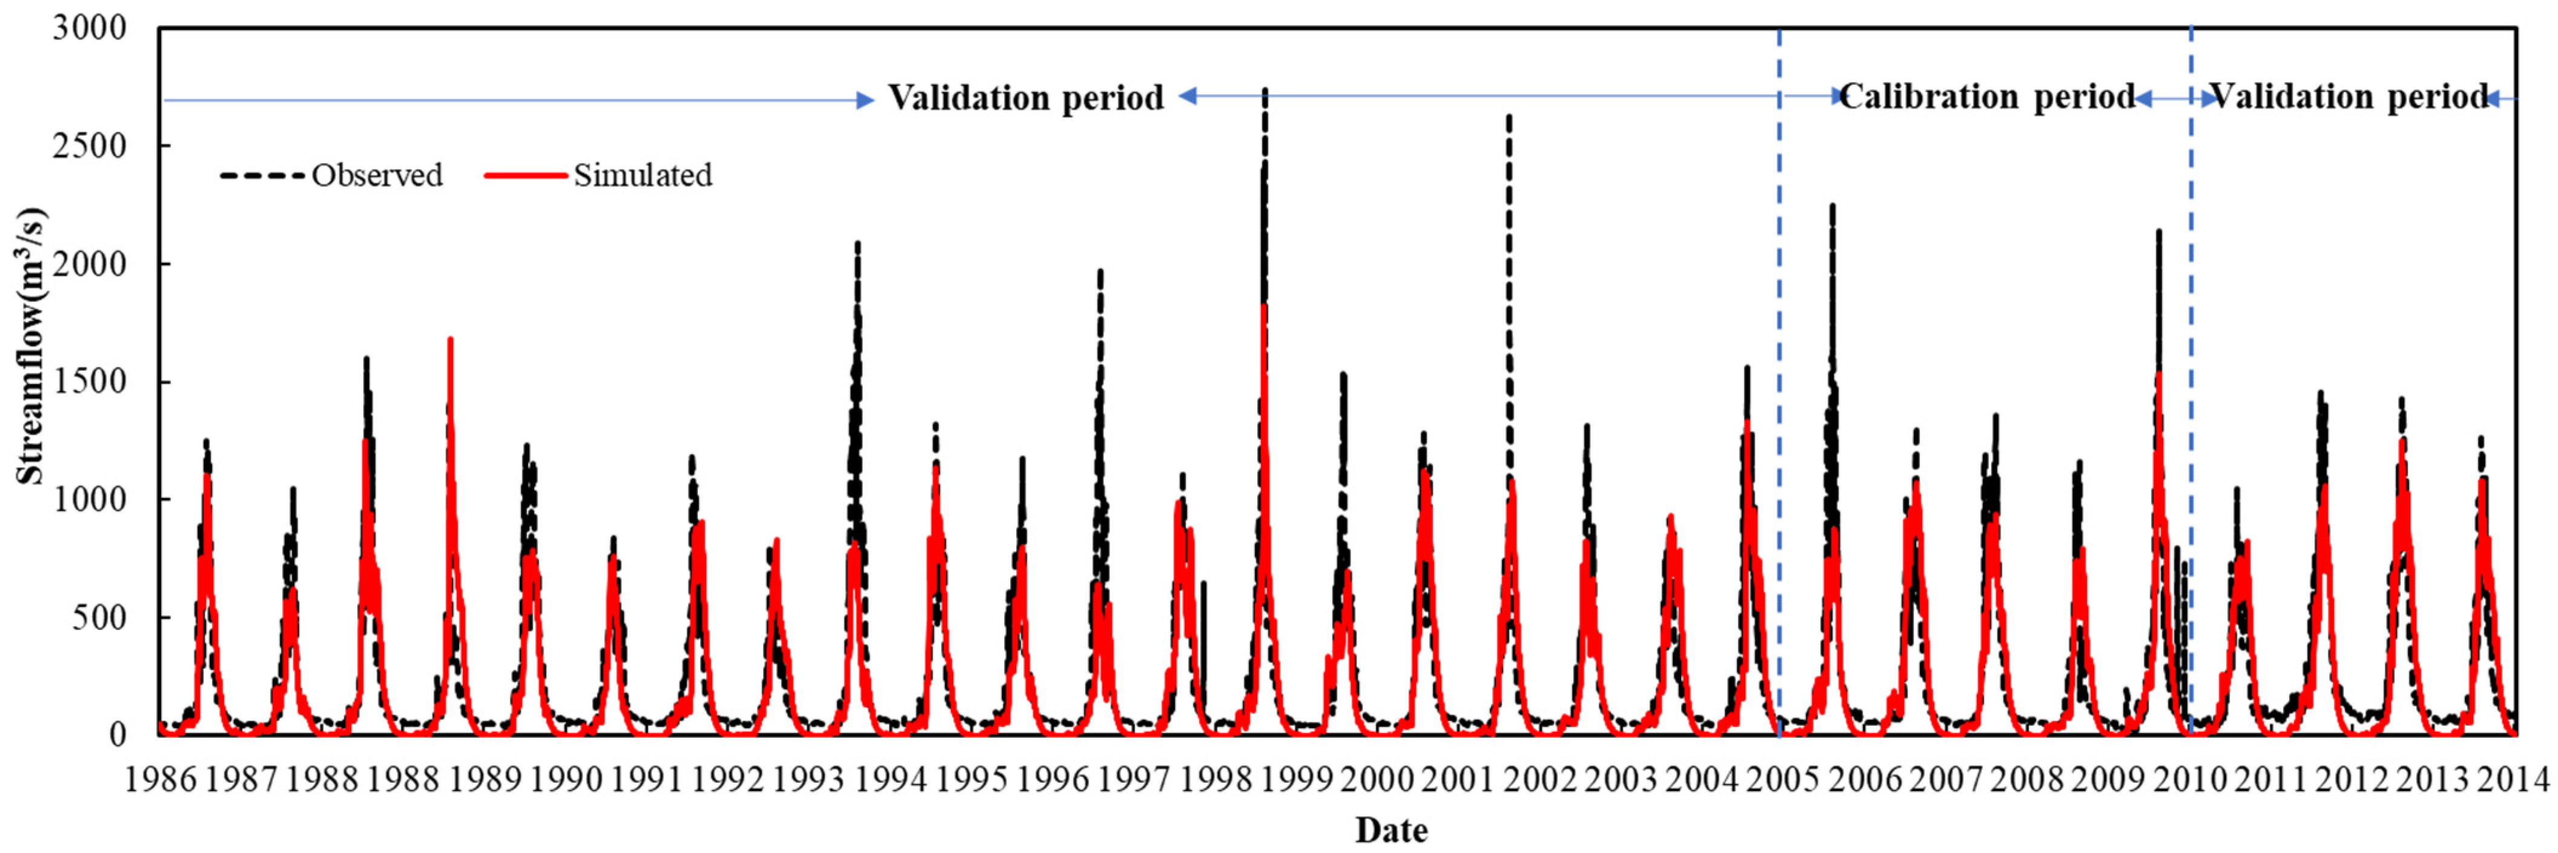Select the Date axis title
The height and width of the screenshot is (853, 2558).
click(1391, 829)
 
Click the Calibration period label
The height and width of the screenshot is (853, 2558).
click(1987, 98)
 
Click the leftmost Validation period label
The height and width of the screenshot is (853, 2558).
click(1026, 98)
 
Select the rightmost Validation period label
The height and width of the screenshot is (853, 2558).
click(2348, 98)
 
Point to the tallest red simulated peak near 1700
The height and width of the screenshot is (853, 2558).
click(450, 340)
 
